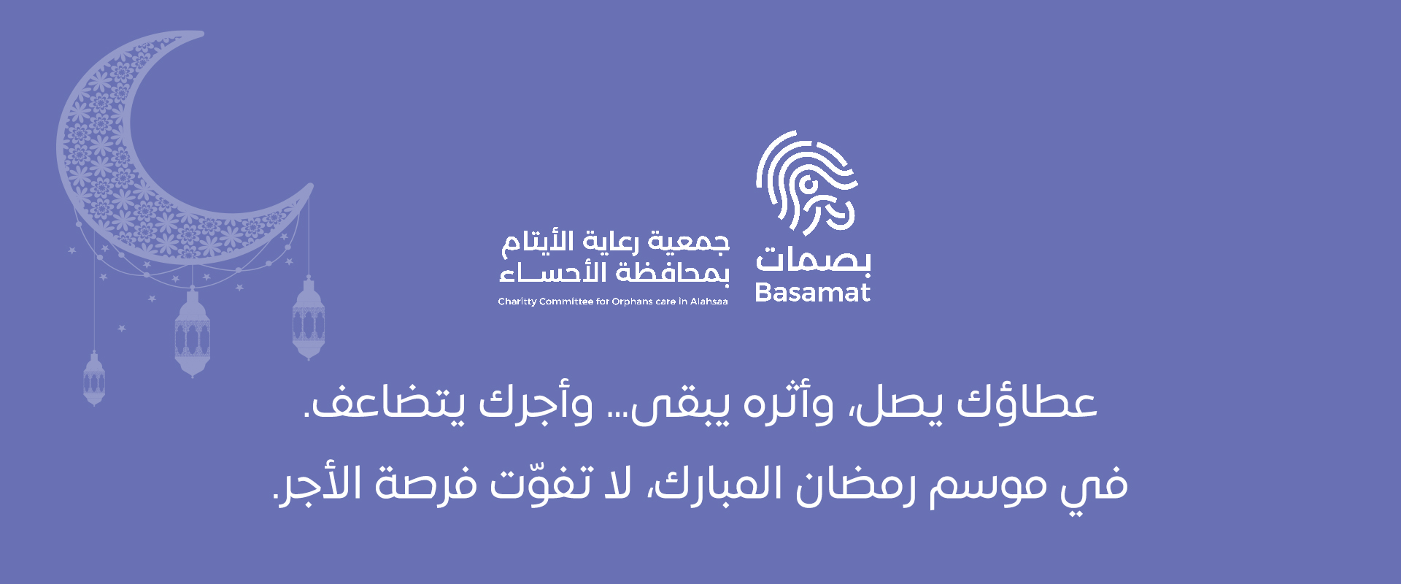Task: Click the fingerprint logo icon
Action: [806, 182]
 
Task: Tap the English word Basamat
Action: [813, 293]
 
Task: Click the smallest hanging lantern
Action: [94, 378]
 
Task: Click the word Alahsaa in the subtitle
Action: [709, 301]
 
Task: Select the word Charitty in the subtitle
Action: [517, 301]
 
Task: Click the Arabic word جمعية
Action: [689, 242]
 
